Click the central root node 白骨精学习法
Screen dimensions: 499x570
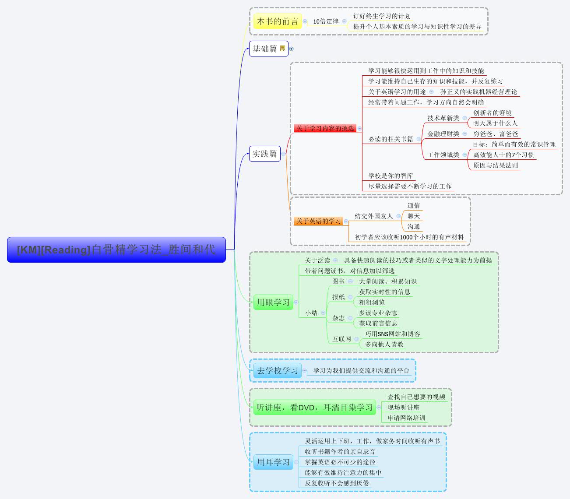[116, 249]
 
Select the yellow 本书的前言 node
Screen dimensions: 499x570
[277, 21]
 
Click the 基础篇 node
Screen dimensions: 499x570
[265, 49]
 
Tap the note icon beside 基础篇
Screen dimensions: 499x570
[282, 49]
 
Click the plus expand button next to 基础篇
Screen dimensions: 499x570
[292, 49]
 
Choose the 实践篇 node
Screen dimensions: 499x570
[264, 154]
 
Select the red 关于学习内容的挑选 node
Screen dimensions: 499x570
[325, 128]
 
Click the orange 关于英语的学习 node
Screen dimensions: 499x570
[318, 221]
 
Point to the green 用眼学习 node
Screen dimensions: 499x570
[273, 302]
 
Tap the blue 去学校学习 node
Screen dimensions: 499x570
[277, 371]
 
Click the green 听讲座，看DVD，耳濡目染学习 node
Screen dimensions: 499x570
[314, 408]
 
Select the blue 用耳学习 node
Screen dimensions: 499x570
[273, 462]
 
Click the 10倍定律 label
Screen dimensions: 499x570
[325, 21]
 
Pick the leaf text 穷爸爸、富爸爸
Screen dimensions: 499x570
[496, 134]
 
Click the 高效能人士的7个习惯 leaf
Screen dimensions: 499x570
[503, 155]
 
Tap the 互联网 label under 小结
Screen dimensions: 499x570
[341, 339]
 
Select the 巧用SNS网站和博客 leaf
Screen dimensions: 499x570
[393, 334]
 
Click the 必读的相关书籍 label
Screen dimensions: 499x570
[391, 139]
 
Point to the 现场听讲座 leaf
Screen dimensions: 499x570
[403, 408]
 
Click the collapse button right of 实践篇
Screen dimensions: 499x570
[284, 154]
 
